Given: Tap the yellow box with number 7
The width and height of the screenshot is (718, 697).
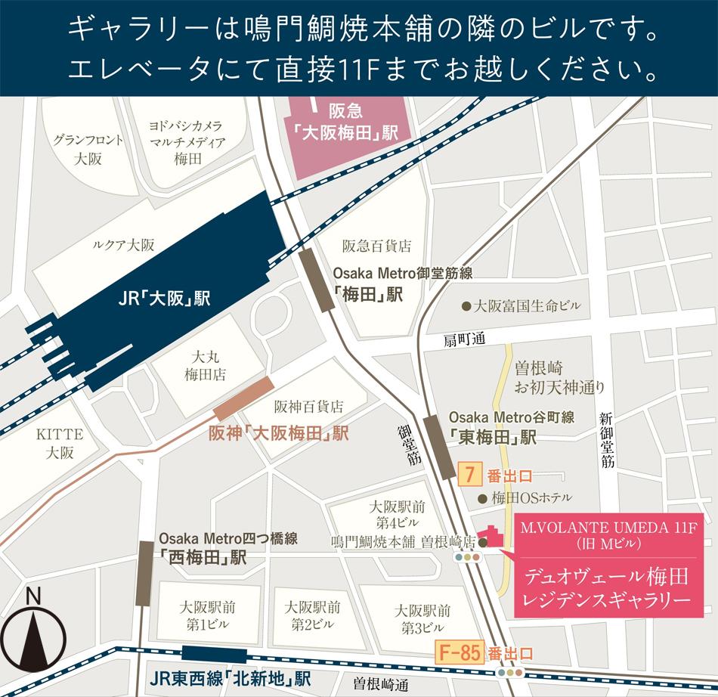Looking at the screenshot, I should [470, 476].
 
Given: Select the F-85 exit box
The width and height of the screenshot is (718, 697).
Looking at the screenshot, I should [460, 653].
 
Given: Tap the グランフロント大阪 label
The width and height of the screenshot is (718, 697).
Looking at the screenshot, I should [88, 149].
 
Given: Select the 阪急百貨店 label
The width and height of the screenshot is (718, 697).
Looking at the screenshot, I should [376, 246].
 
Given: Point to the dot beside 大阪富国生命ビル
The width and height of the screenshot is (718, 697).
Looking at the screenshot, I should [466, 306].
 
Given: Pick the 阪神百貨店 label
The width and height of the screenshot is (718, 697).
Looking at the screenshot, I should [308, 407].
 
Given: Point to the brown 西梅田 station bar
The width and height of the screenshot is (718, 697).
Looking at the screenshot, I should [144, 573].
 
